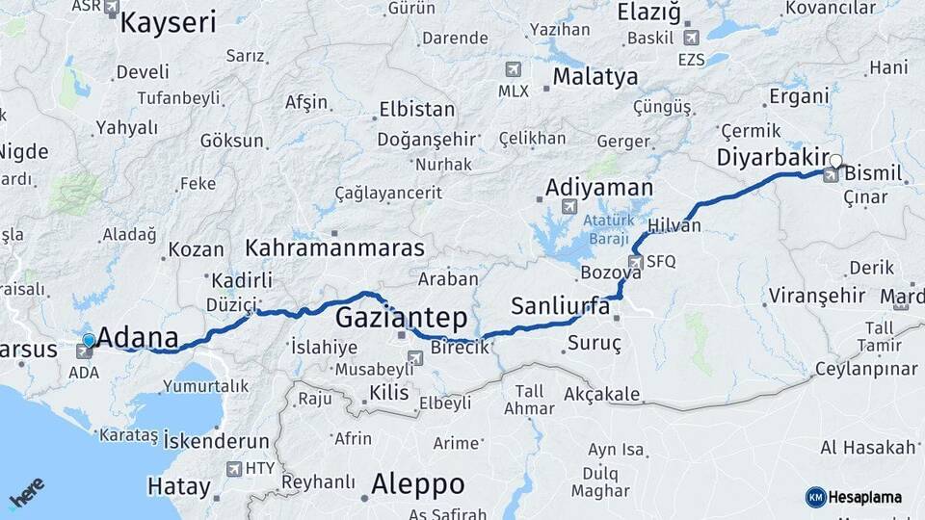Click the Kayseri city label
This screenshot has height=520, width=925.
pos(168,22)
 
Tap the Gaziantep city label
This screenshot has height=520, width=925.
pos(402,318)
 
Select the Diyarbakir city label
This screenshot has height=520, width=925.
pos(774,157)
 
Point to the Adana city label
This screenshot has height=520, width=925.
pos(138,338)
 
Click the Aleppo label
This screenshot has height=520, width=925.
pos(417,483)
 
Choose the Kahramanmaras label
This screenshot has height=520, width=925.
pos(334,247)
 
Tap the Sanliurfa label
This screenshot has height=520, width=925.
pos(560,306)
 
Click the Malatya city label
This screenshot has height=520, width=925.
pos(595,77)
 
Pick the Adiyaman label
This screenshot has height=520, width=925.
pos(598,187)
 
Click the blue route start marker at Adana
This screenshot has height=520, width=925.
pos(89,340)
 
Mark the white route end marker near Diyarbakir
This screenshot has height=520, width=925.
pos(836,161)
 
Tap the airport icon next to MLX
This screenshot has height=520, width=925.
pos(511,69)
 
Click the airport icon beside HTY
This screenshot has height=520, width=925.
pos(233,469)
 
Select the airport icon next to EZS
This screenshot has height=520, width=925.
pos(691,38)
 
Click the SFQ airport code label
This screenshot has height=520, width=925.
pos(661,261)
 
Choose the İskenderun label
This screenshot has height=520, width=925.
pos(217,440)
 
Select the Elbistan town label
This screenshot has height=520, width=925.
pos(416,108)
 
